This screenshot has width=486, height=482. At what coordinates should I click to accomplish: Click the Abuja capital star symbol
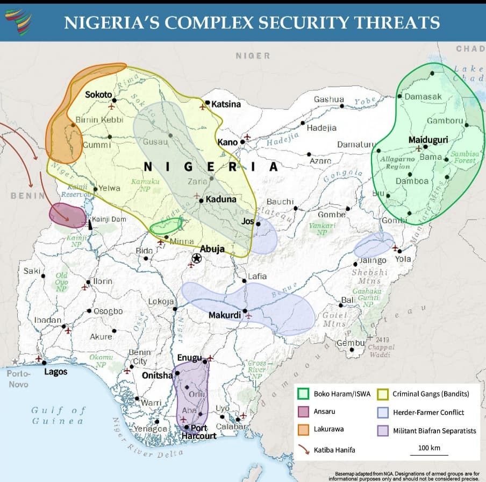(x=196, y=259)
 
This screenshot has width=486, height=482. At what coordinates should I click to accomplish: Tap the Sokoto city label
(x=98, y=95)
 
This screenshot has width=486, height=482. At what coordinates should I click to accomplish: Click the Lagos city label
(x=56, y=372)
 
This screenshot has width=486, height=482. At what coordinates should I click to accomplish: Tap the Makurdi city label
(x=224, y=315)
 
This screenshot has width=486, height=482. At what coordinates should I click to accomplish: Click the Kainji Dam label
(x=109, y=219)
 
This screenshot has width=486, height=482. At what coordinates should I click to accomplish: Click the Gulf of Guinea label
(x=58, y=415)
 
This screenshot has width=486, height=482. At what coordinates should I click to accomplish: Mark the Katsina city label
(x=226, y=104)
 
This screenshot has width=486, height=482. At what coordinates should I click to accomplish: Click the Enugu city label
(x=189, y=358)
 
